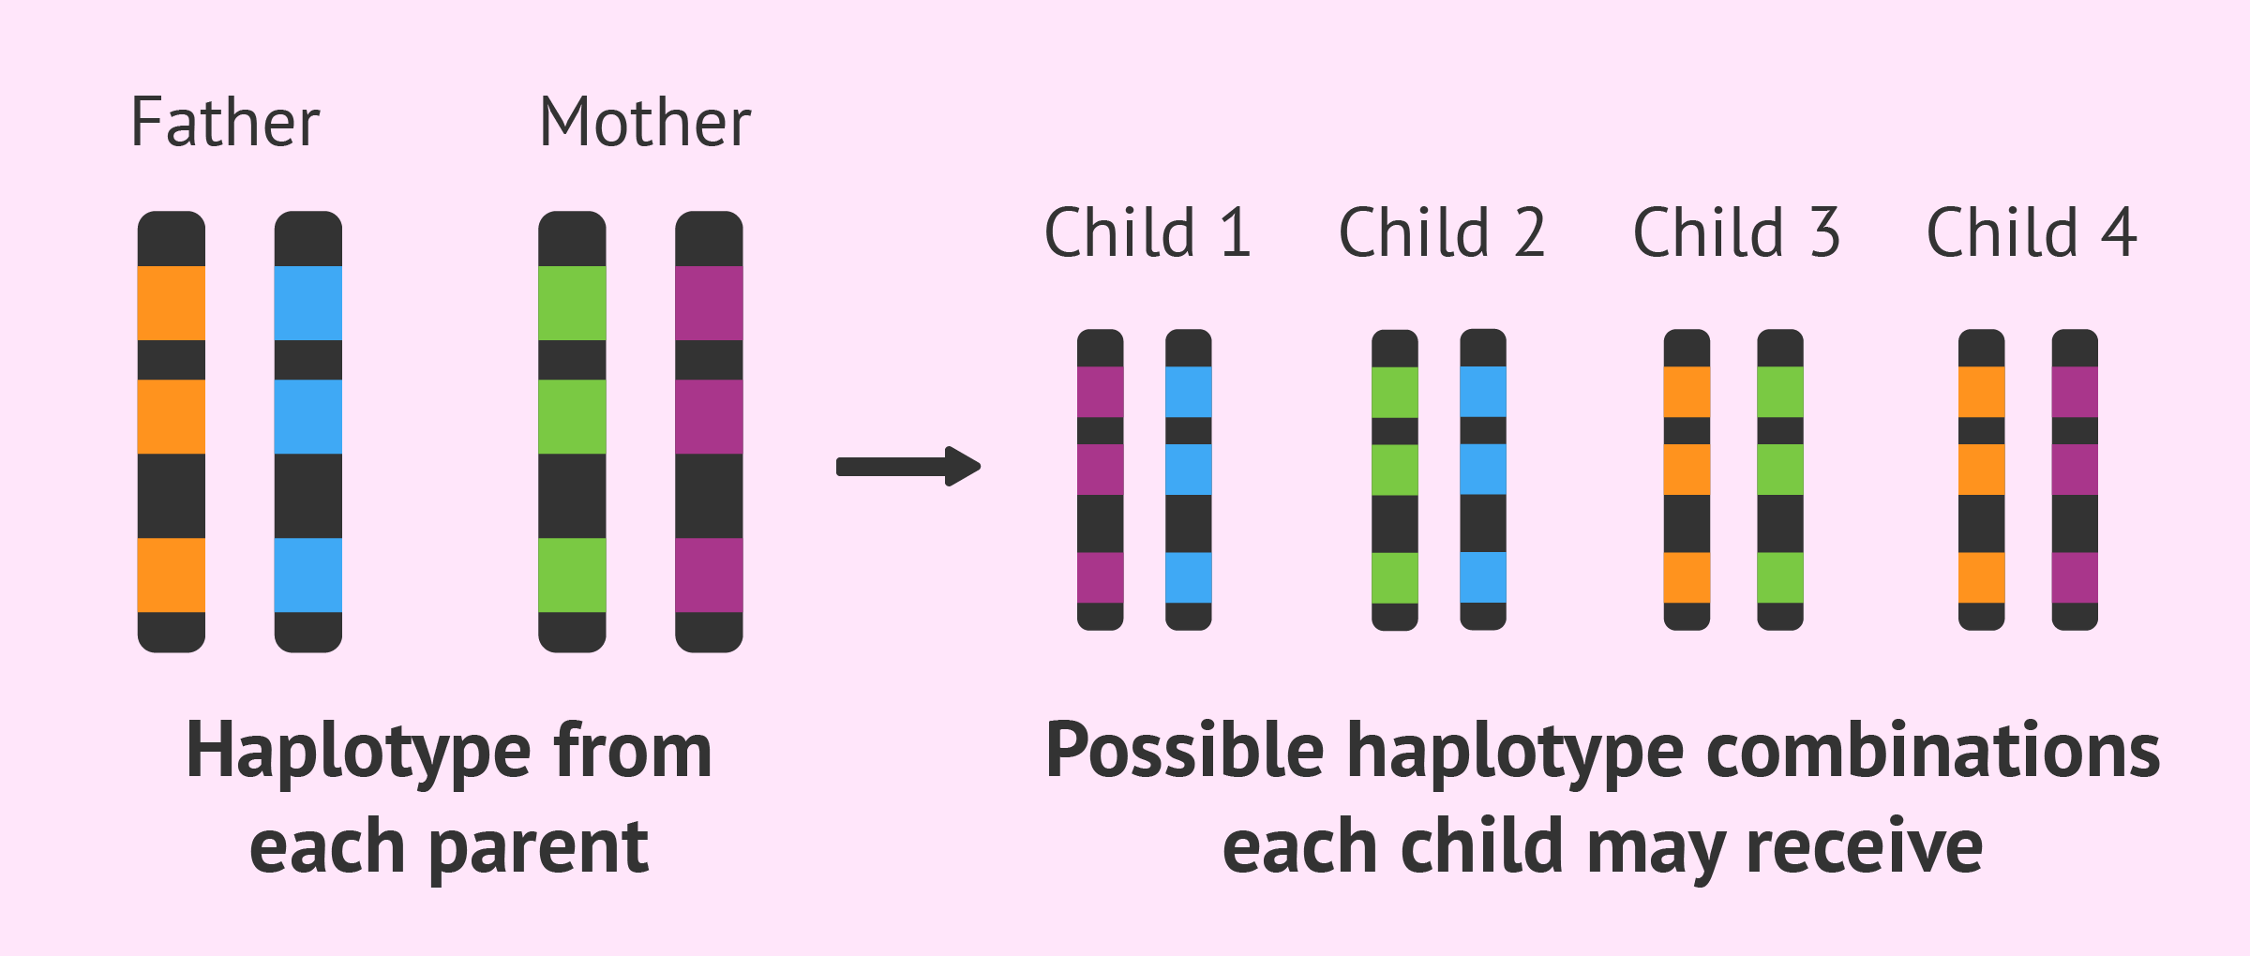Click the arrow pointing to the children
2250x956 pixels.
[908, 466]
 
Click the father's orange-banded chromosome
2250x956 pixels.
[172, 431]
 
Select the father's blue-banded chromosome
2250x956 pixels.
[308, 431]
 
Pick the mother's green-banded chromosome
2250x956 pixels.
[572, 431]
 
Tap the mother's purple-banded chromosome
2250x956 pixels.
[709, 431]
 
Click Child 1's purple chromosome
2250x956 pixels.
[1101, 479]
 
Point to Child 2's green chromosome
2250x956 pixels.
[1395, 479]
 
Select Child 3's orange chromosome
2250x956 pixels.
[1687, 479]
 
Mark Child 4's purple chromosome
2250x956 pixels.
[2075, 479]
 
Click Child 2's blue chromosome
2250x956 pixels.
[1483, 479]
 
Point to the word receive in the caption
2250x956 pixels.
[1865, 846]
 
